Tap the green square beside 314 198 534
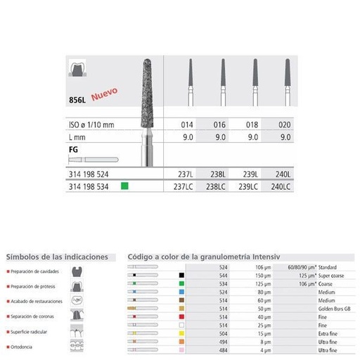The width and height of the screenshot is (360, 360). pyautogui.click(x=124, y=187)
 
